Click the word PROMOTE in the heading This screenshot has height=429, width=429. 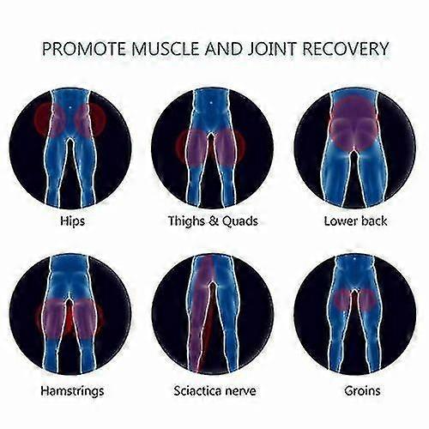84,49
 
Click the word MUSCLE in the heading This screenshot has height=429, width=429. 166,49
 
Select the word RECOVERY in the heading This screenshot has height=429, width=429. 345,49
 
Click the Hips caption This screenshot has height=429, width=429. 73,221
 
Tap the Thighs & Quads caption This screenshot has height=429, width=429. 213,221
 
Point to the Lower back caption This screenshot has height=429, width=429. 355,221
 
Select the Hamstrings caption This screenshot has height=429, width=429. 72,391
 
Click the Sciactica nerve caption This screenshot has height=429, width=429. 214,390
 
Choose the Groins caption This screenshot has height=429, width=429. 362,390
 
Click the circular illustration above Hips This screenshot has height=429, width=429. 70,148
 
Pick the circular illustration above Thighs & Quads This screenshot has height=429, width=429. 212,148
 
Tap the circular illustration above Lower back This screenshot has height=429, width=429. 354,148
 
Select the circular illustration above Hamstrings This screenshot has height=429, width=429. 70,315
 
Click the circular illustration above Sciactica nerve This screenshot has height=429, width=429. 212,315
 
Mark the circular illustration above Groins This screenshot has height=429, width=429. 354,315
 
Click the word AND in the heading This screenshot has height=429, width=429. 223,49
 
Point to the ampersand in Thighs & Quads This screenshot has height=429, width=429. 214,221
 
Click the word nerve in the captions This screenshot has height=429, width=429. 240,392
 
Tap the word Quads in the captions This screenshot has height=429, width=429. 240,221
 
